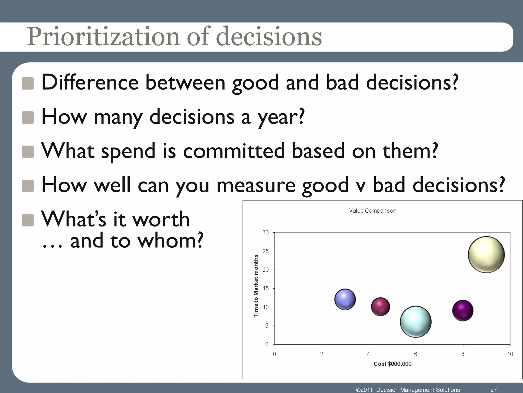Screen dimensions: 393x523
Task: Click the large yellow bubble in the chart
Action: [x=486, y=255]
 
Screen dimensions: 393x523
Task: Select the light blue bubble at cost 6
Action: [x=416, y=322]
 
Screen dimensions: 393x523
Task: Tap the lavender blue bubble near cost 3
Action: [x=345, y=299]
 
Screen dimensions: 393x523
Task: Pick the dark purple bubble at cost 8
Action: [x=463, y=311]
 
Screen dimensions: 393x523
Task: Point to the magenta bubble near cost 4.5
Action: [x=381, y=307]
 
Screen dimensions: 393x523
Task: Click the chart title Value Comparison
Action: [x=373, y=211]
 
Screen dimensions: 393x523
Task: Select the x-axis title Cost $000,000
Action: [x=393, y=364]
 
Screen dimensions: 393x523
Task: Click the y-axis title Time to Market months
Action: [x=256, y=286]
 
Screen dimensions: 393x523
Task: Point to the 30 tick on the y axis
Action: [x=266, y=232]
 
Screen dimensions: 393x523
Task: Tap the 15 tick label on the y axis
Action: [x=266, y=288]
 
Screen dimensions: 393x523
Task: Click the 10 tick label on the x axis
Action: [x=510, y=354]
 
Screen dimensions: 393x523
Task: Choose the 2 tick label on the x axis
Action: [x=322, y=354]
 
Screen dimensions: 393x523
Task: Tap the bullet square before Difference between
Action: [x=28, y=84]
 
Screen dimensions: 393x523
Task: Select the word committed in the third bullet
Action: [x=234, y=151]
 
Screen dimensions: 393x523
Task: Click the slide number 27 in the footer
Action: [x=494, y=390]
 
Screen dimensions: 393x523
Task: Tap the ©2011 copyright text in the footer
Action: [x=365, y=390]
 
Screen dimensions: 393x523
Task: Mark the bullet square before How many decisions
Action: [x=28, y=118]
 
